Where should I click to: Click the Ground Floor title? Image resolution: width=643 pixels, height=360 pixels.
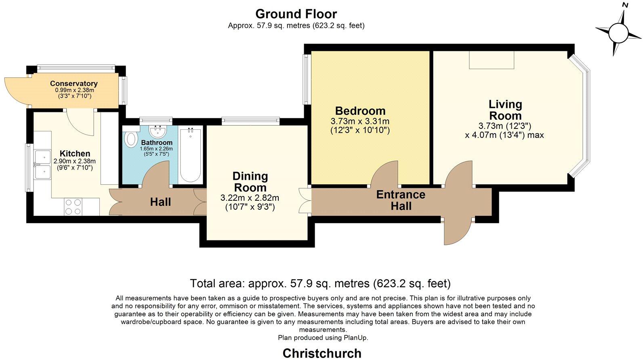[296, 14]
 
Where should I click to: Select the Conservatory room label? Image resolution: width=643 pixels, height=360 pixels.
[74, 84]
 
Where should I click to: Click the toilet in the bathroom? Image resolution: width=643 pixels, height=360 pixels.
[131, 139]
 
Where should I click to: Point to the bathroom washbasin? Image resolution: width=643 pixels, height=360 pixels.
[157, 131]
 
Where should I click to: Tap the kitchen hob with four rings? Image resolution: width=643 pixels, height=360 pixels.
[73, 206]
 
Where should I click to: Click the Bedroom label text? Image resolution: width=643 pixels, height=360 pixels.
[360, 111]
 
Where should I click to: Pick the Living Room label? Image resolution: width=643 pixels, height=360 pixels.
[505, 110]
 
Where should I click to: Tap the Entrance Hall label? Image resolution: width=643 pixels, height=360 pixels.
[401, 200]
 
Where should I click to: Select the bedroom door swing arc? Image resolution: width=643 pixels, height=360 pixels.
[384, 174]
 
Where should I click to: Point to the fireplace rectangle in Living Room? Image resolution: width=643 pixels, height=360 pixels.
[492, 60]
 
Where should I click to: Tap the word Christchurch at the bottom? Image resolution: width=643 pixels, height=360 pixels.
[322, 353]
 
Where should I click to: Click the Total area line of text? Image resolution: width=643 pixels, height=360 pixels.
[320, 283]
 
